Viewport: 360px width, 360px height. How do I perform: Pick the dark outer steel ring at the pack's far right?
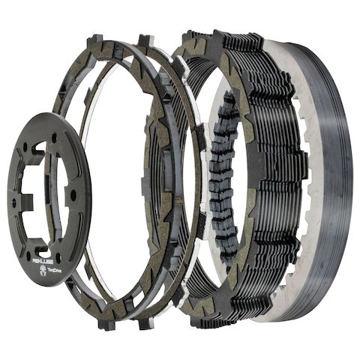[341, 187]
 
